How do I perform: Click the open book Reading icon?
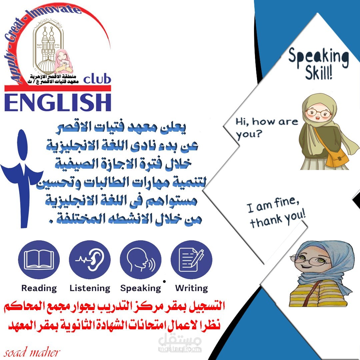39,260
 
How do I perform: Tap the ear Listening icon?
90,260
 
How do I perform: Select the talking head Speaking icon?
140,260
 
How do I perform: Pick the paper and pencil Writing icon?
191,260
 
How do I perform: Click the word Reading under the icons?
39,288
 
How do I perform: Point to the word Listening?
90,288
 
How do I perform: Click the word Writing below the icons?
191,288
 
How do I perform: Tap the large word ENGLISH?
58,102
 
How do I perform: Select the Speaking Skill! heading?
319,63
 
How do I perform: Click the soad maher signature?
31,352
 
